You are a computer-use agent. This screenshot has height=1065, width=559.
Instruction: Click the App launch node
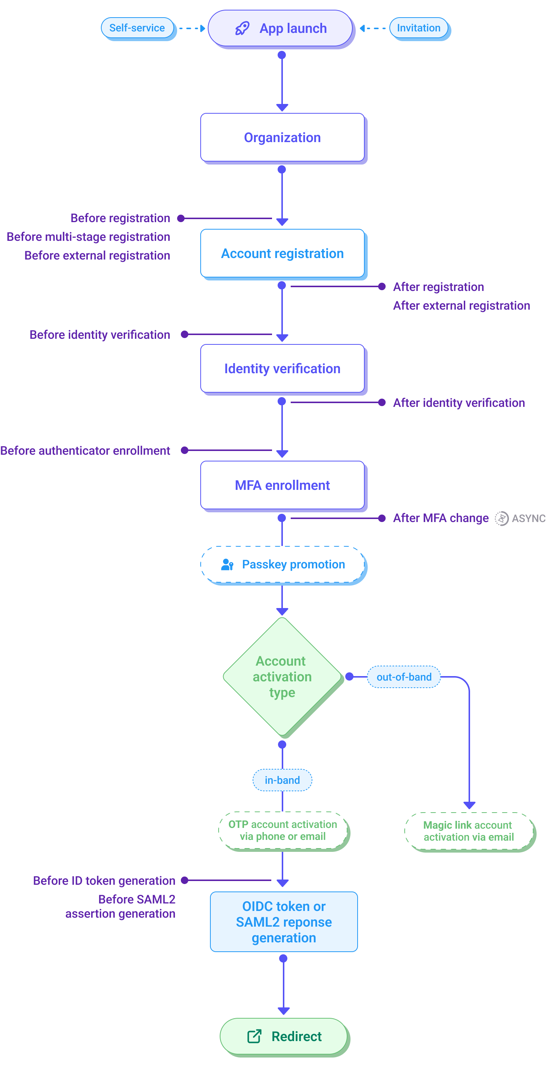[281, 28]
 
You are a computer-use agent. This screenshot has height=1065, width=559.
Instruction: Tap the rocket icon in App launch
[242, 28]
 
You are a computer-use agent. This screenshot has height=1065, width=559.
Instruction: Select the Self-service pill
[137, 28]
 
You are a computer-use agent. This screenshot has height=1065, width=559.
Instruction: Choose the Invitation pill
[419, 28]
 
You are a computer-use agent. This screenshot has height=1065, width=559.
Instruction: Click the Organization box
[282, 138]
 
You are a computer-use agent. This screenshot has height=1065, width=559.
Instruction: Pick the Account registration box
[282, 254]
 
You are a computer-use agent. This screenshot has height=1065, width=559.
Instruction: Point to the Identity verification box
[282, 369]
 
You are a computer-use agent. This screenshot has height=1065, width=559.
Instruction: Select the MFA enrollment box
[282, 485]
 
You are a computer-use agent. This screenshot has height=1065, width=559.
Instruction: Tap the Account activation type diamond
[282, 677]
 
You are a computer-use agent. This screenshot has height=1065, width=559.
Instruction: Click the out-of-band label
[404, 677]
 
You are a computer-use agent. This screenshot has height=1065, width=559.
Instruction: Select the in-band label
[282, 780]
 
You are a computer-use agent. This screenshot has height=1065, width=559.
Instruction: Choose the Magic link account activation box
[469, 831]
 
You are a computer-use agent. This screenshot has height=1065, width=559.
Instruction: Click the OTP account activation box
[282, 830]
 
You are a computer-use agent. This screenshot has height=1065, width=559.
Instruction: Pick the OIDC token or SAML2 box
[284, 922]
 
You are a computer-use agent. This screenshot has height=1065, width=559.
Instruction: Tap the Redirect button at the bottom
[284, 1037]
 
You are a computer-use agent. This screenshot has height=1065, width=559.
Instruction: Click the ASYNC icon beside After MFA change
[501, 518]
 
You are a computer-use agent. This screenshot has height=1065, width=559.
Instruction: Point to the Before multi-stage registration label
[89, 237]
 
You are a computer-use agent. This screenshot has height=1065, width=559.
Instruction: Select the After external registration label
[461, 306]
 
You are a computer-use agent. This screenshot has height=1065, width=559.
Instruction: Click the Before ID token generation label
[104, 881]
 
